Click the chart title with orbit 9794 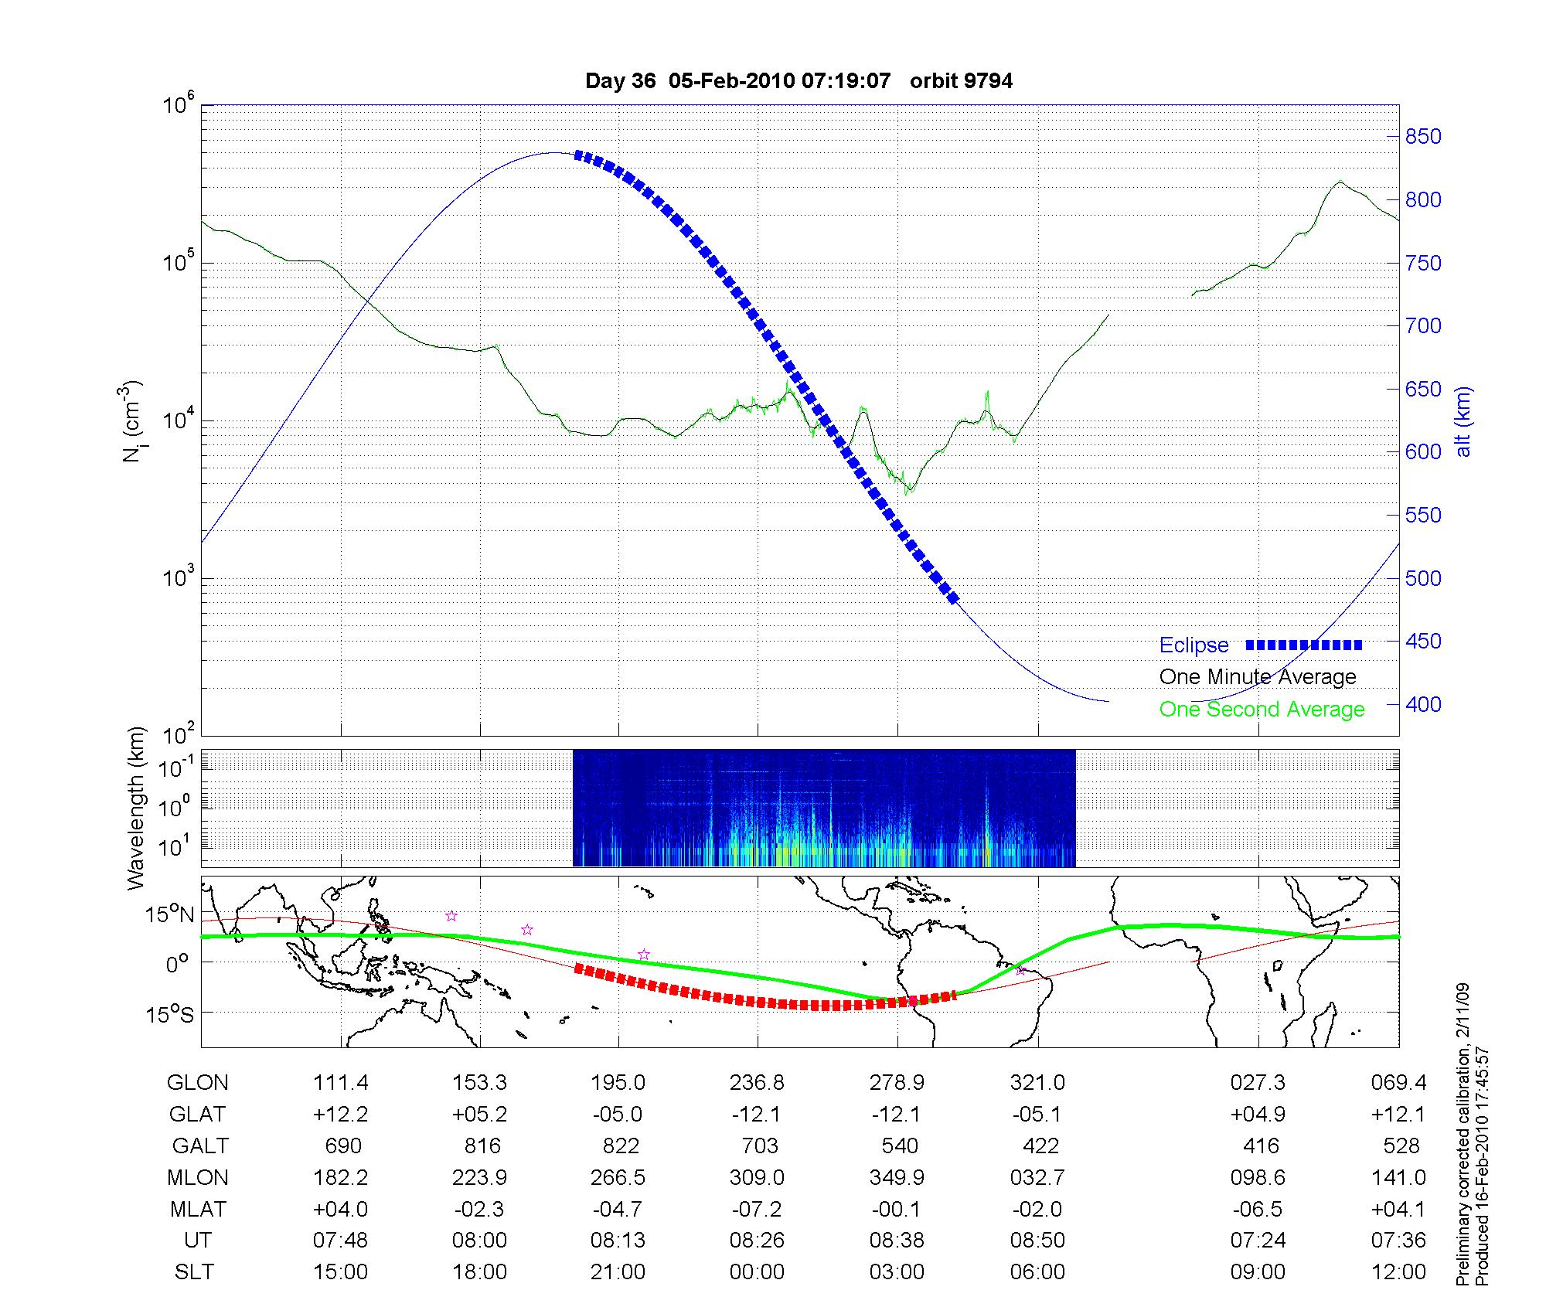pos(799,81)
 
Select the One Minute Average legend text pos(1258,677)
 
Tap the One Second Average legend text pos(1262,710)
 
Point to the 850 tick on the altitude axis pos(1423,137)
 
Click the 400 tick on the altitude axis pos(1423,704)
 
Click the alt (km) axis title pos(1463,421)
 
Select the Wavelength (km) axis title pos(136,808)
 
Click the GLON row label pos(197,1083)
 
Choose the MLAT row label pos(198,1209)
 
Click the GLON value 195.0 pos(618,1083)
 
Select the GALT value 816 pos(482,1145)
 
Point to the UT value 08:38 pos(897,1241)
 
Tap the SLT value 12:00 pos(1398,1272)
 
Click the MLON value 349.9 pos(897,1177)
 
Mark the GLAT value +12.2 pos(340,1115)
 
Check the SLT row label pos(194,1272)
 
